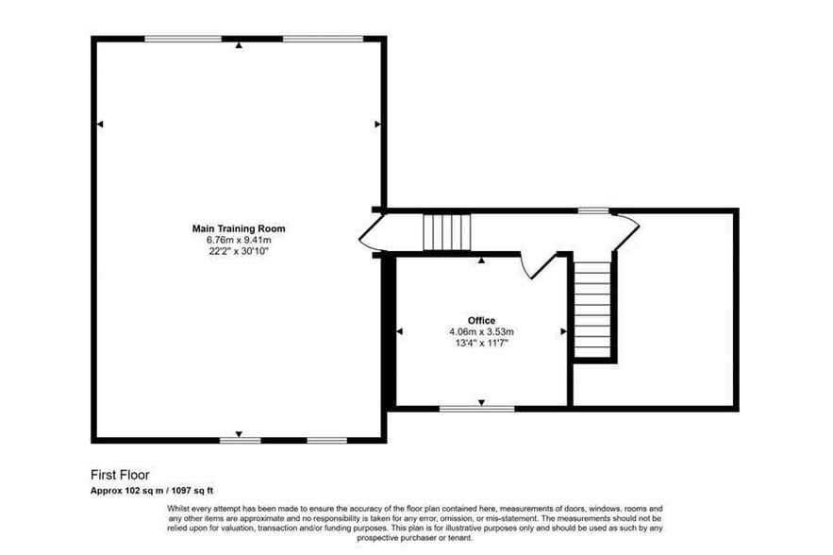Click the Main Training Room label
239,228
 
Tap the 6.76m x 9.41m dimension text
239,240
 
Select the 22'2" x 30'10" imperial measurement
239,251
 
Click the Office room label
481,321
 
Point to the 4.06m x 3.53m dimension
481,332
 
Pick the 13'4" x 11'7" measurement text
481,344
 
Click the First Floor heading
120,475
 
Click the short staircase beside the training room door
446,231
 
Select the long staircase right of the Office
593,310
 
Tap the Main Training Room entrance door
368,232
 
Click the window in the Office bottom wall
477,409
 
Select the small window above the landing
592,210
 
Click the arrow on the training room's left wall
100,124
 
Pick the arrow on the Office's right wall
563,331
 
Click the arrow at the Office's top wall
481,260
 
